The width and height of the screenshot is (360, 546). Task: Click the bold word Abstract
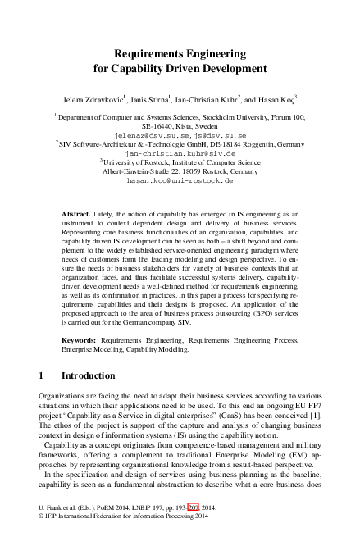[x=77, y=213]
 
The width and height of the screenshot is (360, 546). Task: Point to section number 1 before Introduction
[x=42, y=375]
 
